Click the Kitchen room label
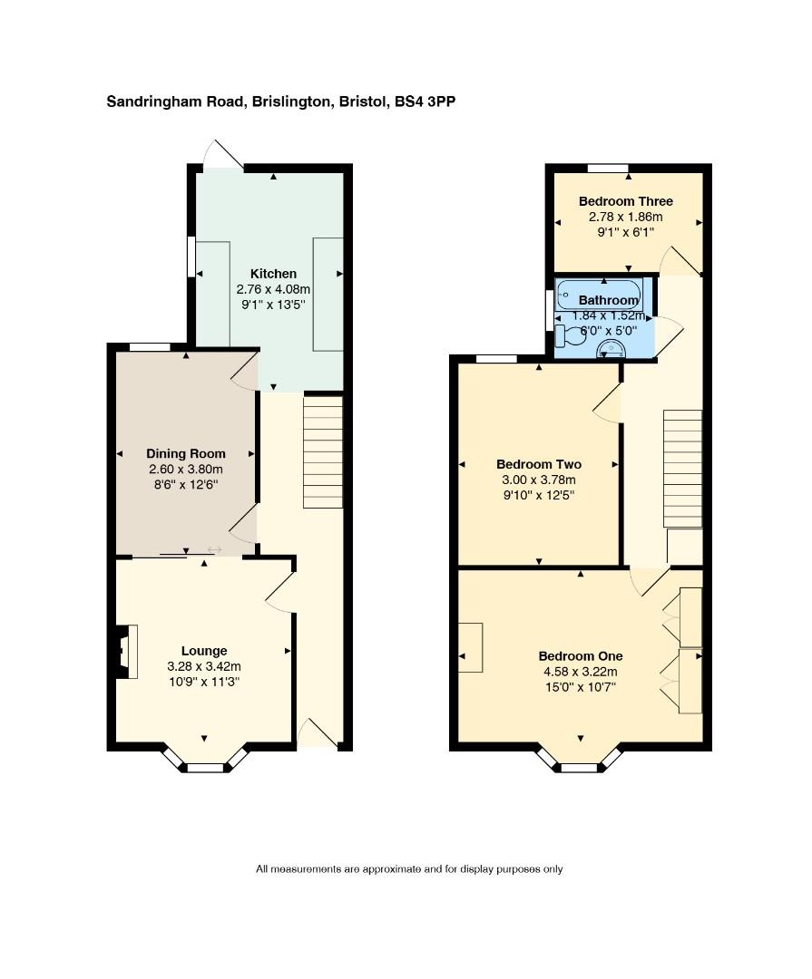coord(273,274)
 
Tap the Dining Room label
coord(186,454)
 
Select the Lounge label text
coord(204,651)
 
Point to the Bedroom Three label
coord(626,201)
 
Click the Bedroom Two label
coord(539,464)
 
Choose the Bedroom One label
coord(580,656)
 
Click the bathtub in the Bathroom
coord(600,295)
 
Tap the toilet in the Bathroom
coord(568,336)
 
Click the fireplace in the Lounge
coord(125,652)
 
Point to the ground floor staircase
coord(323,452)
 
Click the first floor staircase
coord(682,469)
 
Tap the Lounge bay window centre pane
coord(206,768)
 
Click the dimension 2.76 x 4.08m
coord(273,290)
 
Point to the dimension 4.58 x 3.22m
coord(580,672)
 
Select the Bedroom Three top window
coord(608,168)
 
